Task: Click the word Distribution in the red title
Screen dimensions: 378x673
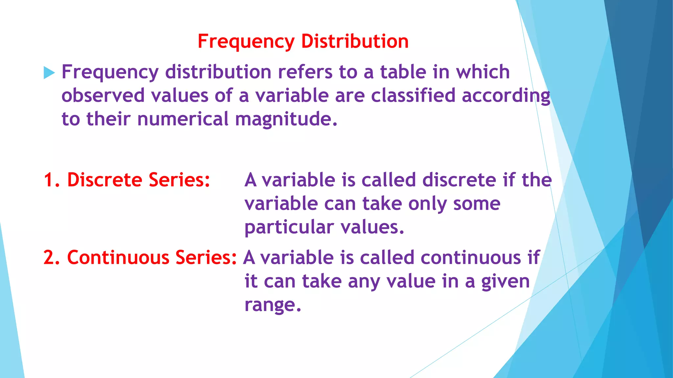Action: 355,41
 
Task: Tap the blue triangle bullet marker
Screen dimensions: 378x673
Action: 49,73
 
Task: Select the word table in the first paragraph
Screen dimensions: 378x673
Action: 403,72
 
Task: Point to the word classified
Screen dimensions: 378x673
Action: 413,95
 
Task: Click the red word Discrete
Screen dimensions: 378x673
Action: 104,180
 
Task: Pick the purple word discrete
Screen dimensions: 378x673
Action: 459,180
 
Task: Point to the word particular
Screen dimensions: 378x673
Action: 289,227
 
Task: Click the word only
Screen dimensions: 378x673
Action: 427,204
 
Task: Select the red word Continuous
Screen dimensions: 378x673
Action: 118,258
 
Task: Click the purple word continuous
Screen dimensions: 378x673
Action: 471,258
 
